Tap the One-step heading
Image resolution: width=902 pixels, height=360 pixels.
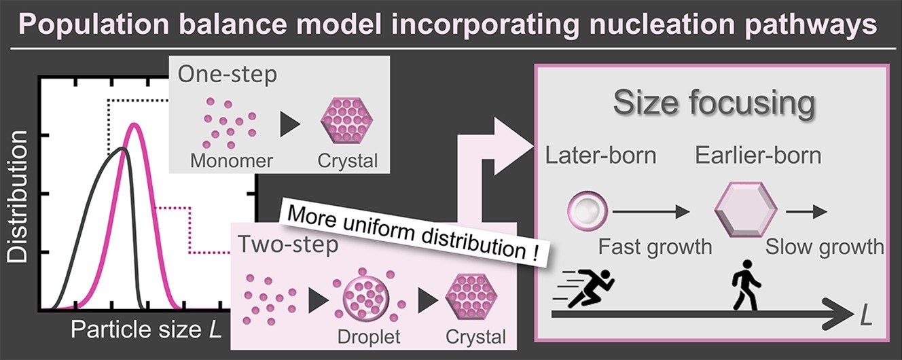pyautogui.click(x=228, y=74)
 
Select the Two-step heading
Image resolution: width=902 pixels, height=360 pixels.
pyautogui.click(x=288, y=244)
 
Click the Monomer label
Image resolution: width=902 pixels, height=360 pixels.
pyautogui.click(x=232, y=161)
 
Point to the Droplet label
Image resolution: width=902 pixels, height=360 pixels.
pyautogui.click(x=369, y=337)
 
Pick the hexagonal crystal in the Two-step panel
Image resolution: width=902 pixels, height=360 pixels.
pyautogui.click(x=471, y=298)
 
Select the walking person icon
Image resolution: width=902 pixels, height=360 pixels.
pyautogui.click(x=746, y=285)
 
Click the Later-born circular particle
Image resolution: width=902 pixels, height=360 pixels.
pyautogui.click(x=587, y=211)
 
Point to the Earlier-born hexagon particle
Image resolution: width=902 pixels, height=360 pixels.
pyautogui.click(x=746, y=209)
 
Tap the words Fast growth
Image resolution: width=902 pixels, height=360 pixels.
pyautogui.click(x=655, y=247)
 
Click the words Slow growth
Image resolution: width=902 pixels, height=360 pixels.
pyautogui.click(x=825, y=247)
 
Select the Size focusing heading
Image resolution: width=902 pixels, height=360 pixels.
pyautogui.click(x=714, y=103)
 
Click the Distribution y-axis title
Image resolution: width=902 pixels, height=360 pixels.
pyautogui.click(x=18, y=196)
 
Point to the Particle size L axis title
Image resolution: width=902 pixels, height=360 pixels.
pyautogui.click(x=147, y=329)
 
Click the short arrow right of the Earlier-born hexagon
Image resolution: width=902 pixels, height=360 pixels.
pyautogui.click(x=806, y=211)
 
